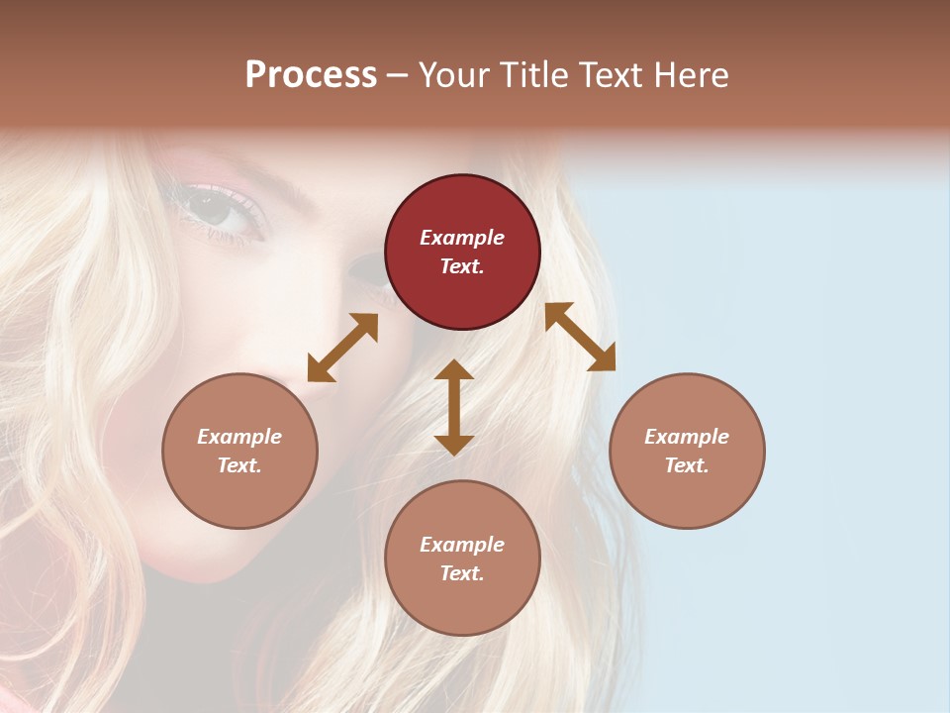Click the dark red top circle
tap(462, 252)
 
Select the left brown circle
tap(239, 451)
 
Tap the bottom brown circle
tap(462, 559)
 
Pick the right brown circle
tap(687, 451)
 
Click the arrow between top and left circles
tap(342, 348)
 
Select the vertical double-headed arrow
tap(454, 407)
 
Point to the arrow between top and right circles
tap(581, 337)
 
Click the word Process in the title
tap(311, 74)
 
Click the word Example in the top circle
tap(462, 238)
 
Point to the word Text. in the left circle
tap(239, 465)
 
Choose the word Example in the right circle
tap(687, 437)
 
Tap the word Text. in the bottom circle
tap(462, 573)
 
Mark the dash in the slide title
tap(397, 76)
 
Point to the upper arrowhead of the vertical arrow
tap(454, 370)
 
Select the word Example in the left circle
tap(239, 437)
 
